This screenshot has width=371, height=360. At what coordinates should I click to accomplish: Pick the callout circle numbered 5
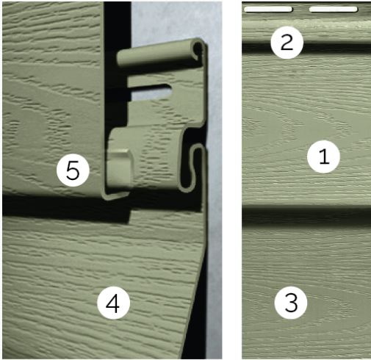pyautogui.click(x=73, y=170)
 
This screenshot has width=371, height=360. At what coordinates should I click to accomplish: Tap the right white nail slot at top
pyautogui.click(x=333, y=10)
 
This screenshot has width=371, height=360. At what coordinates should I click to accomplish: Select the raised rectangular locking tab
pyautogui.click(x=120, y=165)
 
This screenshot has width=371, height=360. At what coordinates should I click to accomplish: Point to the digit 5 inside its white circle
pyautogui.click(x=73, y=170)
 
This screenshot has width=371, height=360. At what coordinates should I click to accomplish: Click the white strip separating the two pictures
pyautogui.click(x=232, y=180)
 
